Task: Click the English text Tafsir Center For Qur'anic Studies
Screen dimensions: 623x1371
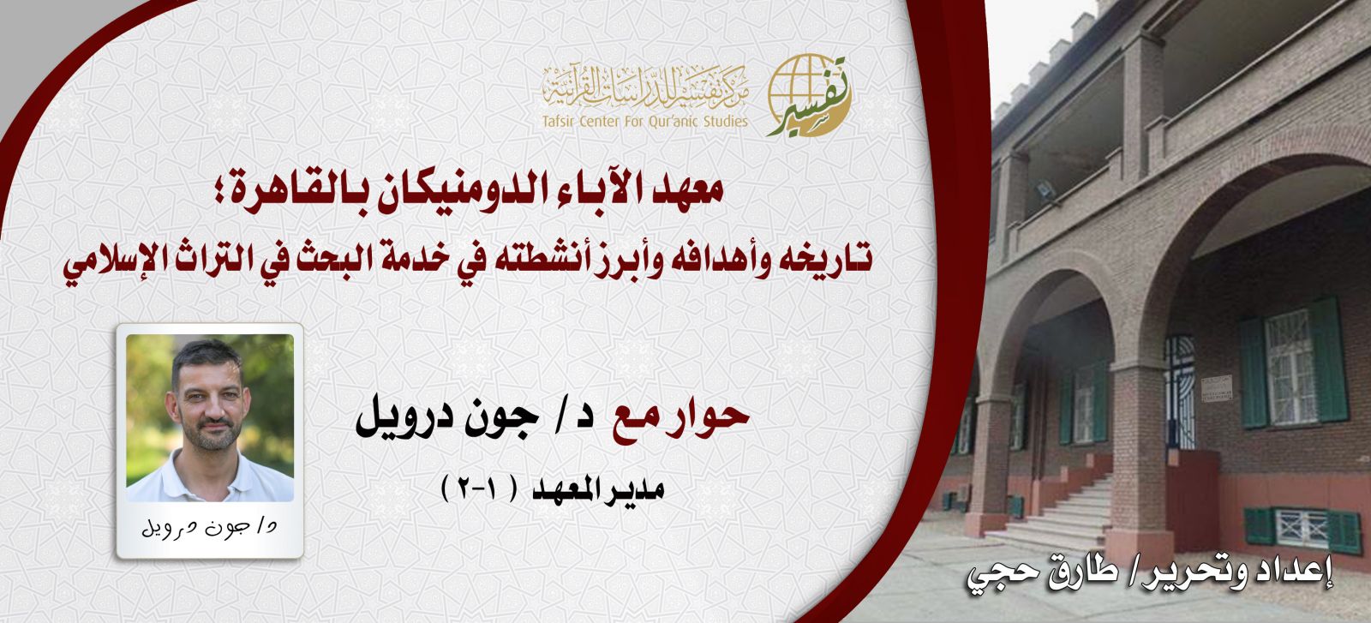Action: click(644, 121)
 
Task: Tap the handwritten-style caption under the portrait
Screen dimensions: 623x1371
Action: click(210, 527)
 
